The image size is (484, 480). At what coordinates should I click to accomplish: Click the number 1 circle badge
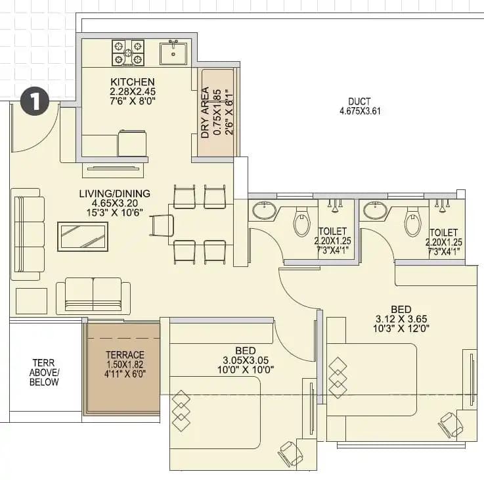[x=36, y=101]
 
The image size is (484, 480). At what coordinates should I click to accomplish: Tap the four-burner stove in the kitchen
[x=128, y=53]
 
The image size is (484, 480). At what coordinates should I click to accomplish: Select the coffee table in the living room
[x=83, y=237]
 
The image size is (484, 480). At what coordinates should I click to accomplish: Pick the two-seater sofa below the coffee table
[x=93, y=295]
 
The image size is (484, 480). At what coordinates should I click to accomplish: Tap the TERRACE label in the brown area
[x=125, y=355]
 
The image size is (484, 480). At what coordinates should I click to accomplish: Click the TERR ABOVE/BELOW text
[x=45, y=372]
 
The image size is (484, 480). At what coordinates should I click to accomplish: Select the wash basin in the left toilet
[x=265, y=211]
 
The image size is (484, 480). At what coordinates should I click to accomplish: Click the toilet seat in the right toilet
[x=413, y=222]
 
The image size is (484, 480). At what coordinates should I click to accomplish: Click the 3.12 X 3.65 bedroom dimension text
[x=401, y=320]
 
